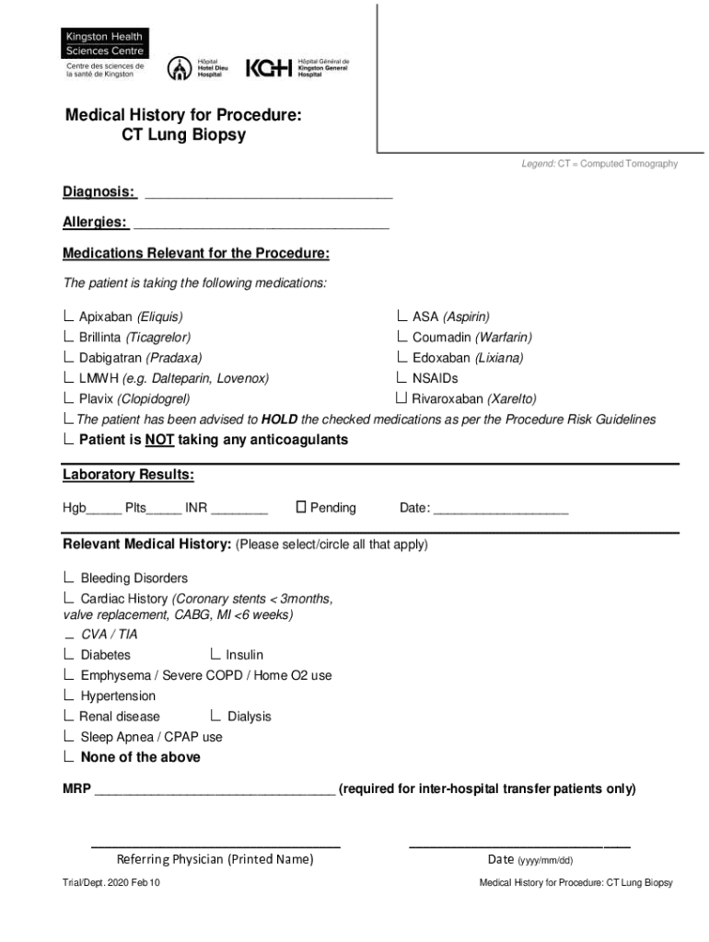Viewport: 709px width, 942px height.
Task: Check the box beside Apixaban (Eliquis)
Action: (69, 316)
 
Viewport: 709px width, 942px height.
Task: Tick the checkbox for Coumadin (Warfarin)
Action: (402, 337)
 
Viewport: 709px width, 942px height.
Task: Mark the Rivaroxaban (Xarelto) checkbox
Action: (401, 398)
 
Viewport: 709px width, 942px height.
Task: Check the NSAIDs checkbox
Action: (402, 377)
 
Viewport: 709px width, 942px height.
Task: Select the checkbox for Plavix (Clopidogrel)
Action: (69, 398)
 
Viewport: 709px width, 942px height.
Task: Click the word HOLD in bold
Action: (279, 419)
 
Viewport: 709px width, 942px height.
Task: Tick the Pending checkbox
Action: (300, 507)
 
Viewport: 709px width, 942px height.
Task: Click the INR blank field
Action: (239, 509)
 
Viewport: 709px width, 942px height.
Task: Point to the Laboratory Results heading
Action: (128, 475)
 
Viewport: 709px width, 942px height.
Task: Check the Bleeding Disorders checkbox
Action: (69, 578)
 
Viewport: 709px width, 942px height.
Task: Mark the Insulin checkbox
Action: (215, 654)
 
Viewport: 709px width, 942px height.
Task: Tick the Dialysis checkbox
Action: (215, 716)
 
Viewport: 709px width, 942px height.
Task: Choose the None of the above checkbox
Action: (69, 757)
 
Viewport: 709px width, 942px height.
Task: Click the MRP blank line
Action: (215, 790)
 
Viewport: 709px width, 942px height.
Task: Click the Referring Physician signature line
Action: (215, 844)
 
